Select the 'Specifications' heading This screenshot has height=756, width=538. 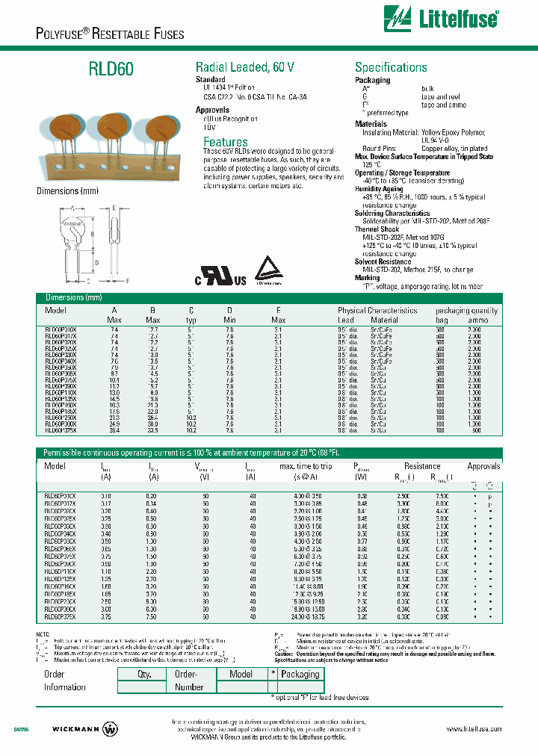(391, 67)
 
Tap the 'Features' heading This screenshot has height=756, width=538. (226, 142)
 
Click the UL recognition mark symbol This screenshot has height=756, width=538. (221, 277)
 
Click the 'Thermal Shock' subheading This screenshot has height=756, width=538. (378, 230)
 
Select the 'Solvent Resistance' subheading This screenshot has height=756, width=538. (383, 261)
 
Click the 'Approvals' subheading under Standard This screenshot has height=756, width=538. (212, 110)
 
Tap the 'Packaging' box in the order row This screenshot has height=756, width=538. (300, 674)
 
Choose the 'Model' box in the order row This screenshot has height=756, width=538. (241, 674)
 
